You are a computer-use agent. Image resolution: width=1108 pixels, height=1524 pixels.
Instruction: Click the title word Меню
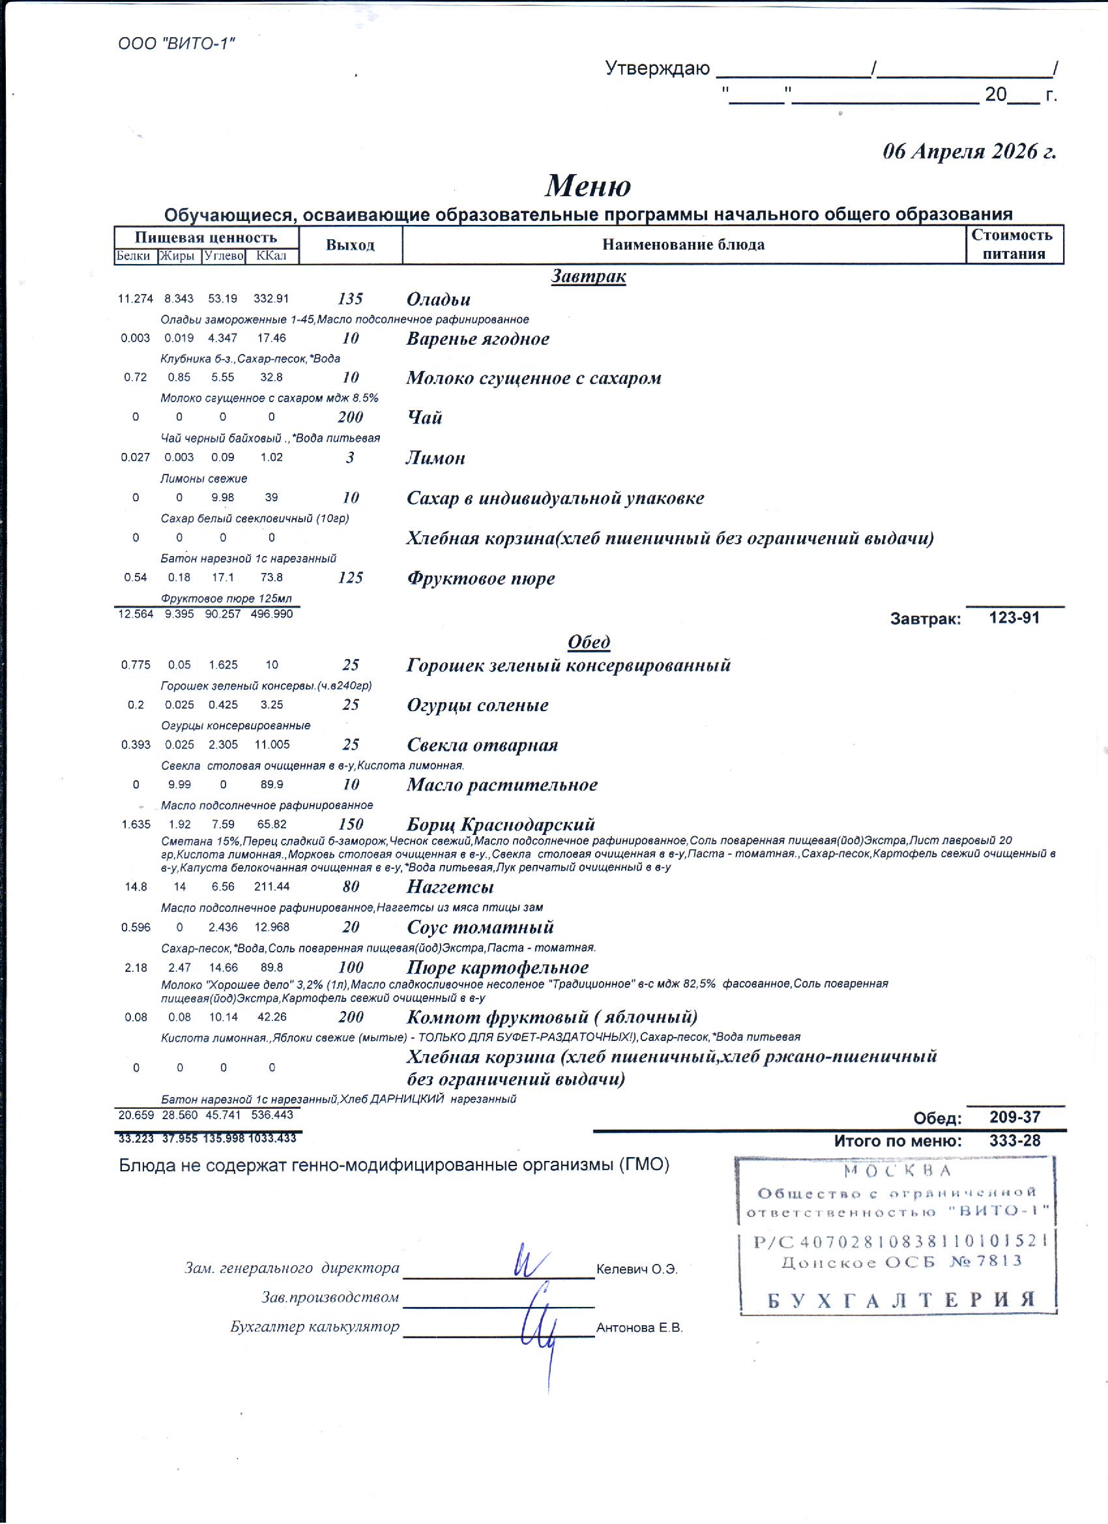click(x=587, y=186)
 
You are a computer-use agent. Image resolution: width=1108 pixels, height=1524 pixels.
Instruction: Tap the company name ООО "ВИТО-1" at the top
click(x=176, y=44)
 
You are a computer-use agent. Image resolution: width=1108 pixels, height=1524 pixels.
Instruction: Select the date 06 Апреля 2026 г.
click(x=969, y=152)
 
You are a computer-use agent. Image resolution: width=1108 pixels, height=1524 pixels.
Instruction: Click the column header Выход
click(x=350, y=245)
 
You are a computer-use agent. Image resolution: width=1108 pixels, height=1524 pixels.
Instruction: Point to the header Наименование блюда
click(x=682, y=244)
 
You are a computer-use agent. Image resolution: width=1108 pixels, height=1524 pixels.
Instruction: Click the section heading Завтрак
click(x=588, y=276)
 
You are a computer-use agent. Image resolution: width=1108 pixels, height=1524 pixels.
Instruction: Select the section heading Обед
click(x=589, y=641)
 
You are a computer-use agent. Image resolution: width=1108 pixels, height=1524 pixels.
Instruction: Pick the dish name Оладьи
click(x=438, y=299)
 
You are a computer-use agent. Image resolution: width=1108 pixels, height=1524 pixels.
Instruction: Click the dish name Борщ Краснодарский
click(x=501, y=824)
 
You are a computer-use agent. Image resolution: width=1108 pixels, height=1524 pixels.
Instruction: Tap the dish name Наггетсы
click(x=450, y=887)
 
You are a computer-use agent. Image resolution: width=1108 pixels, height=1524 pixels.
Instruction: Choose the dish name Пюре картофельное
click(x=497, y=967)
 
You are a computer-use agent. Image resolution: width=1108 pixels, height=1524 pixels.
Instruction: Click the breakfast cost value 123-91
click(x=1014, y=617)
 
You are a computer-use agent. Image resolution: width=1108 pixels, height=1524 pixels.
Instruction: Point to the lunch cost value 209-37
click(x=1015, y=1117)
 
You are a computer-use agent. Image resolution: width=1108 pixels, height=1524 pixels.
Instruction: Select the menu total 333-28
click(x=1015, y=1140)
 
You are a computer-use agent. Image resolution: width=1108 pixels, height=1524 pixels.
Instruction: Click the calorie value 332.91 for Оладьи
click(x=270, y=299)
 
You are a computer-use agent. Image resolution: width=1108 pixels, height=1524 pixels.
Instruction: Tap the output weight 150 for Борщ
click(x=350, y=824)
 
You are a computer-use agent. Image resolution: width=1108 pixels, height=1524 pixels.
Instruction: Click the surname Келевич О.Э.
click(x=636, y=1269)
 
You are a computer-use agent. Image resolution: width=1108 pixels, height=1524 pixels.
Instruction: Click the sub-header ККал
click(x=271, y=256)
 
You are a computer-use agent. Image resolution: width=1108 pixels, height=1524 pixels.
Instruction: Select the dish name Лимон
click(x=435, y=458)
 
